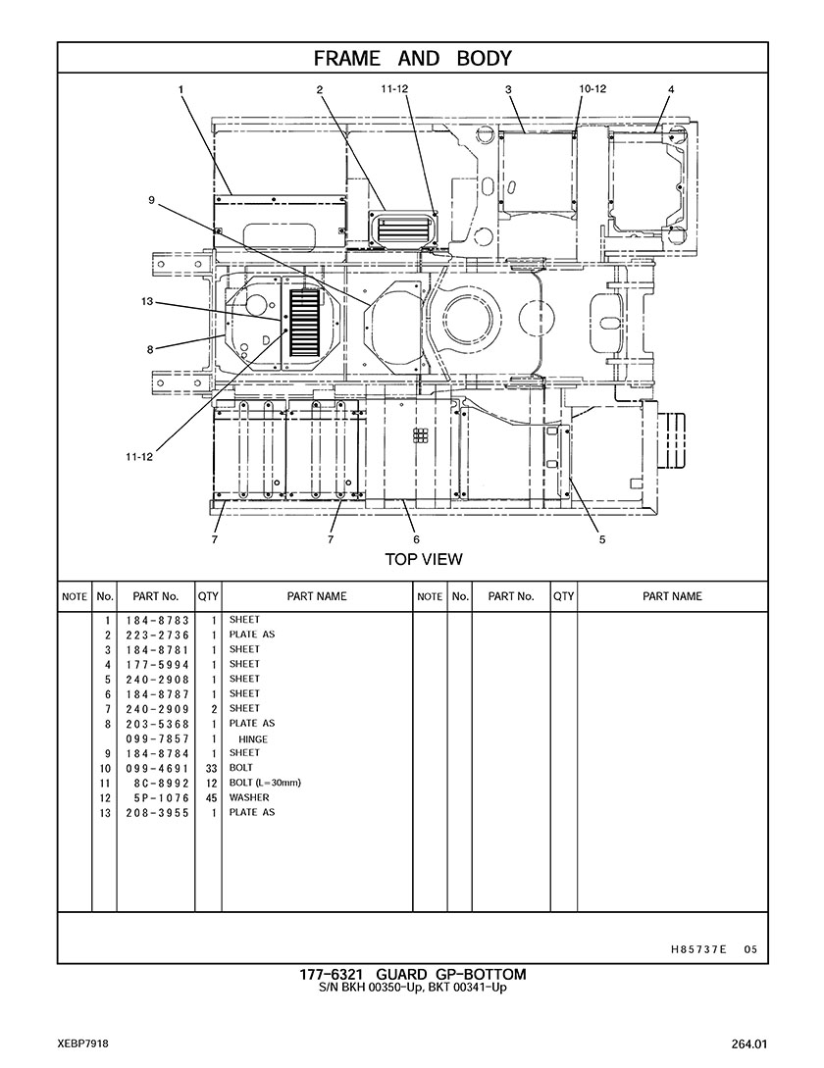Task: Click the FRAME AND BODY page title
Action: pos(412,59)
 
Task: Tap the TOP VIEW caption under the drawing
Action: pos(423,559)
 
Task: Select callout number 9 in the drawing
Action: pos(151,199)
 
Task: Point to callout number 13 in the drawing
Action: pos(147,301)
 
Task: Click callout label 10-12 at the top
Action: pos(592,88)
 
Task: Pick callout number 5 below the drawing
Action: pos(601,539)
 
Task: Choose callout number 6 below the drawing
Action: pos(416,539)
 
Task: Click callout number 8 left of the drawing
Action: pos(150,349)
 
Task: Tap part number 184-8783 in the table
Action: pos(157,621)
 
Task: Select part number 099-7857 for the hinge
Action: pos(157,739)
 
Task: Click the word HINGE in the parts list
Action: pos(253,739)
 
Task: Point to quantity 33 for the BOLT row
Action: pos(211,768)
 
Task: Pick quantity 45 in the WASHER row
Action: pos(211,797)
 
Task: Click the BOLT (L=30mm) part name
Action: pos(265,783)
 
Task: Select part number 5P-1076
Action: pos(162,797)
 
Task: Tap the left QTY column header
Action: pos(208,596)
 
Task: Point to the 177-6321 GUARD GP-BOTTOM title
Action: pos(413,975)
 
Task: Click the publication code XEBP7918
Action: pos(83,1043)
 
